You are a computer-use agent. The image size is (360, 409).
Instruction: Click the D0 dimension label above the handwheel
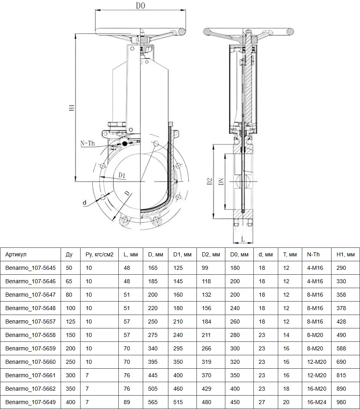click(140, 5)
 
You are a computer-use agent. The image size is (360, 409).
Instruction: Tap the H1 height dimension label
click(72, 108)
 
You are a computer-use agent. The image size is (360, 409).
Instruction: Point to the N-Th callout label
click(87, 143)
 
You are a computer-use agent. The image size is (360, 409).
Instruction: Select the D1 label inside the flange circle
click(122, 175)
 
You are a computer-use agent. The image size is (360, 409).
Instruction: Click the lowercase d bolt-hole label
click(85, 203)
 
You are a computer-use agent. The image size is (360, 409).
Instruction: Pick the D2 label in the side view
click(210, 181)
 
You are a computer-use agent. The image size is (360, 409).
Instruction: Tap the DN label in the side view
click(221, 181)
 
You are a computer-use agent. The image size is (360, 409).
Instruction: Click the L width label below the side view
click(243, 239)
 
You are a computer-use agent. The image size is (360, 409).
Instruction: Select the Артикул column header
click(16, 255)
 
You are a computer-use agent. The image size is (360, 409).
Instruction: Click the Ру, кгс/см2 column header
click(100, 255)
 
